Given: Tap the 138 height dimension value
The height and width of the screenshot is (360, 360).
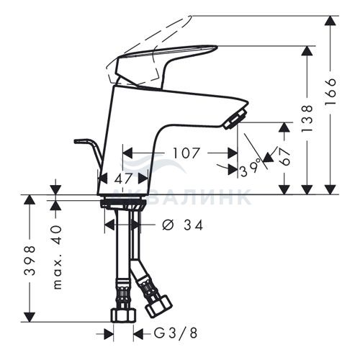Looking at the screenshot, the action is click(307, 118).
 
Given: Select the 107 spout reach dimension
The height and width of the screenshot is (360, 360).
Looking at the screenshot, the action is click(186, 153).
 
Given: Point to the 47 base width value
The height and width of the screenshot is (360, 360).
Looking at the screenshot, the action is click(123, 179).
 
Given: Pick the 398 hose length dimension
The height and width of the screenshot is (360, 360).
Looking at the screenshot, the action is click(30, 261).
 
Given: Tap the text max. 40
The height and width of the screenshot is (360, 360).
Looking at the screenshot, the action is click(57, 257).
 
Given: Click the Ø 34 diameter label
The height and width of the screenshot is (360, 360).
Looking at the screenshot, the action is click(183, 225).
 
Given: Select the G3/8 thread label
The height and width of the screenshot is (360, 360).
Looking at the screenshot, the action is click(176, 333).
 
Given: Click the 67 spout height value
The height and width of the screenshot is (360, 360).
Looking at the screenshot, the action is click(285, 156).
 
